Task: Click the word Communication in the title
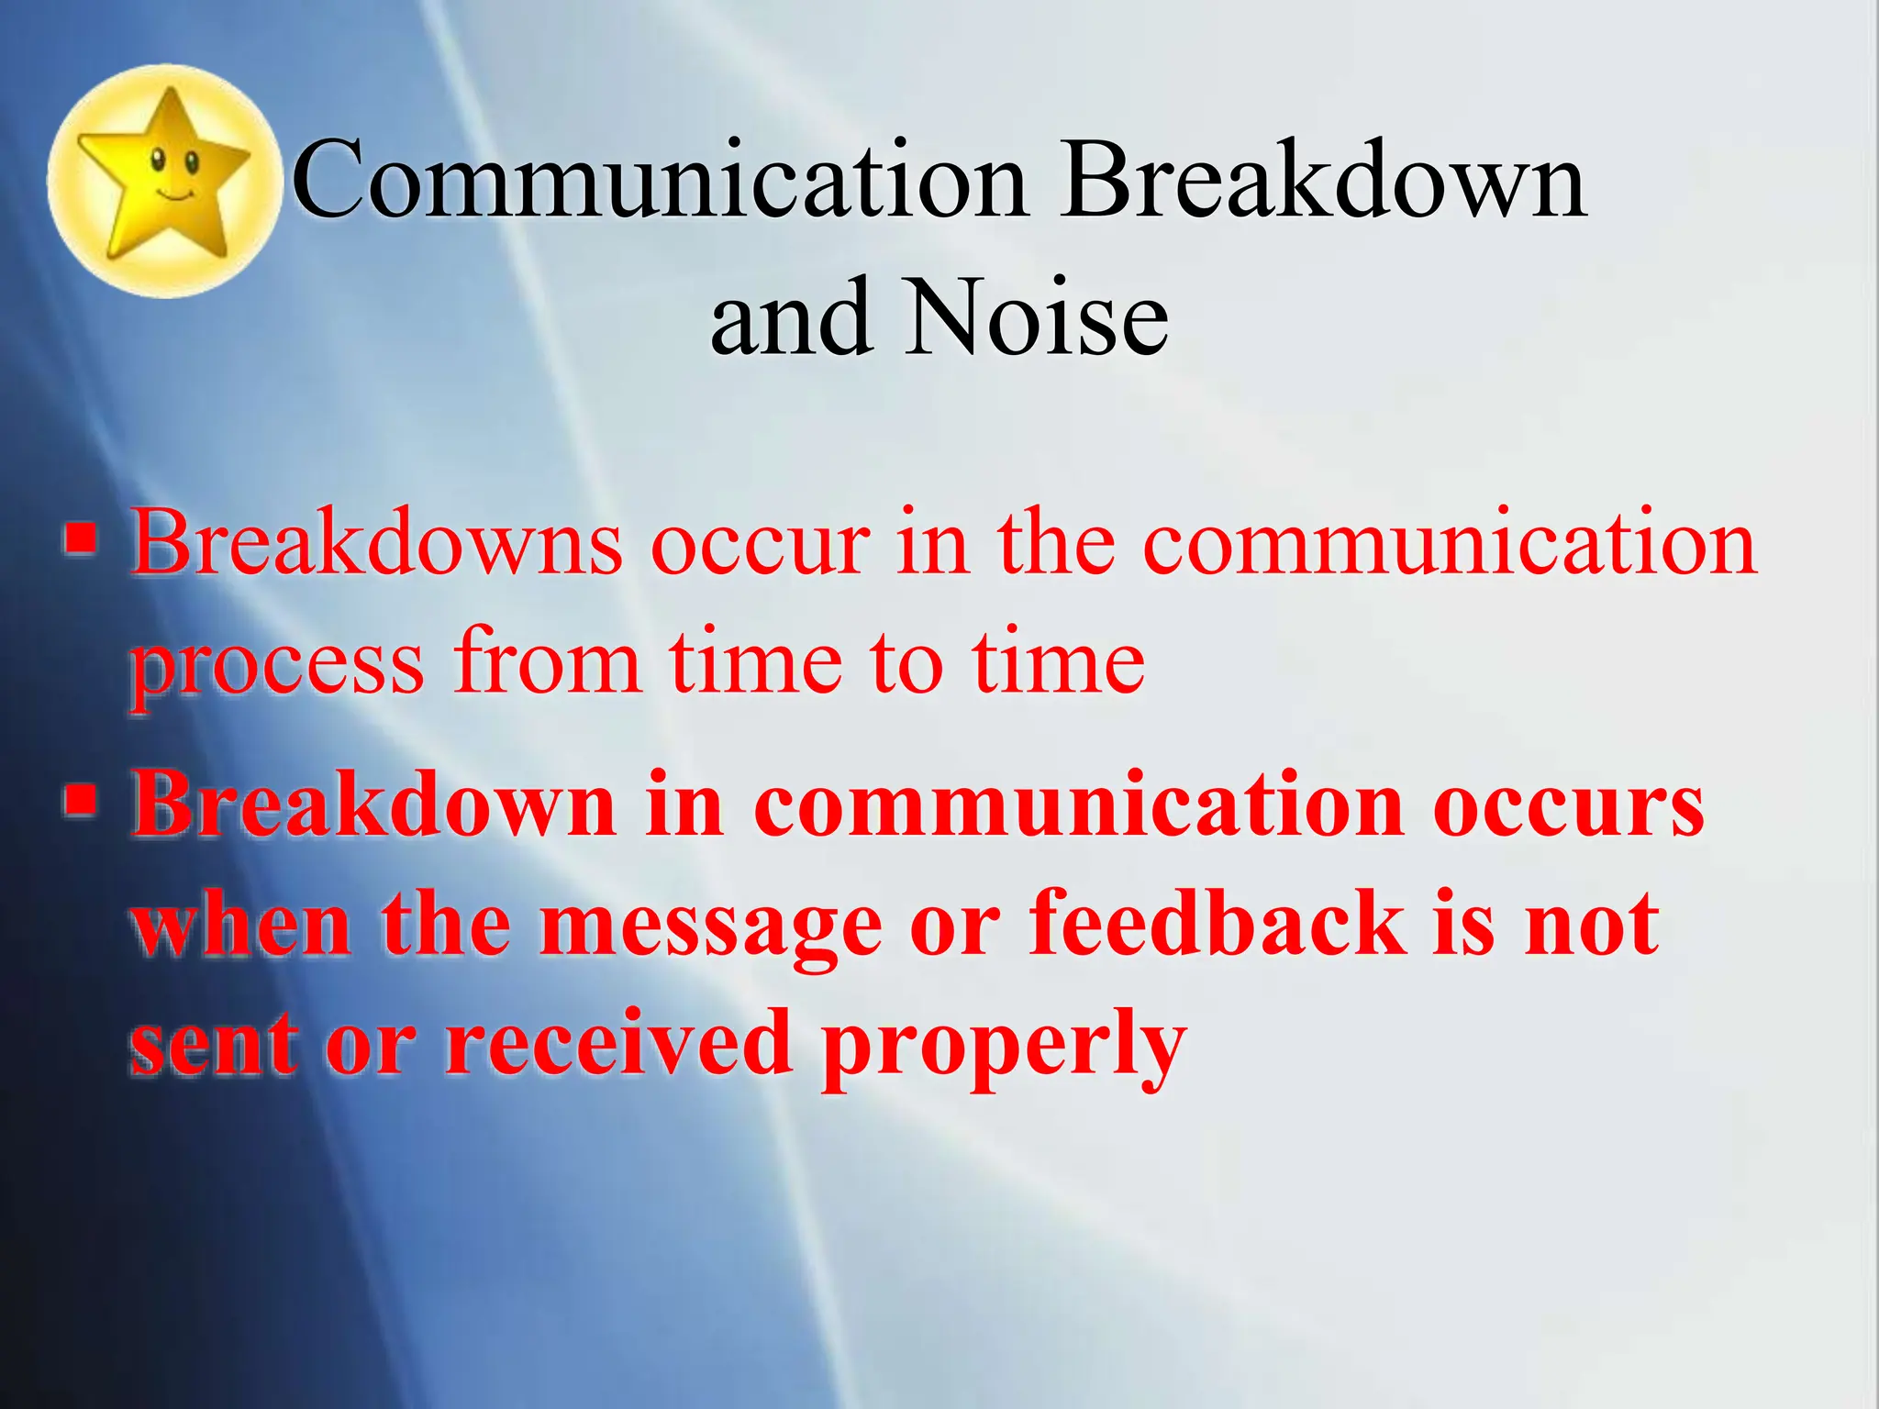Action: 659,180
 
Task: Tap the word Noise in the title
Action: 1037,317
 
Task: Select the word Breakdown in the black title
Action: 1323,180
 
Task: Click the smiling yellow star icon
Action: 165,181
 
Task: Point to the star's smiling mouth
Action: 175,195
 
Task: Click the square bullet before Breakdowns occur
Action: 81,538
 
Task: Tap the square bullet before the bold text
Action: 81,799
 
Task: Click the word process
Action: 277,665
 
